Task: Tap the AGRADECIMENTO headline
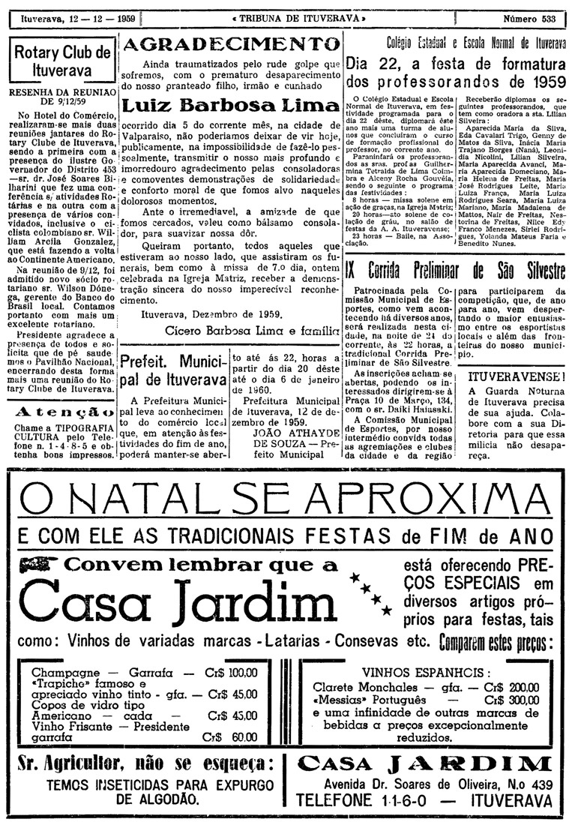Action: tap(229, 44)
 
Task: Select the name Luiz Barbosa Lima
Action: tap(229, 105)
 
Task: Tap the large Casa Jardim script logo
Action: tap(169, 600)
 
